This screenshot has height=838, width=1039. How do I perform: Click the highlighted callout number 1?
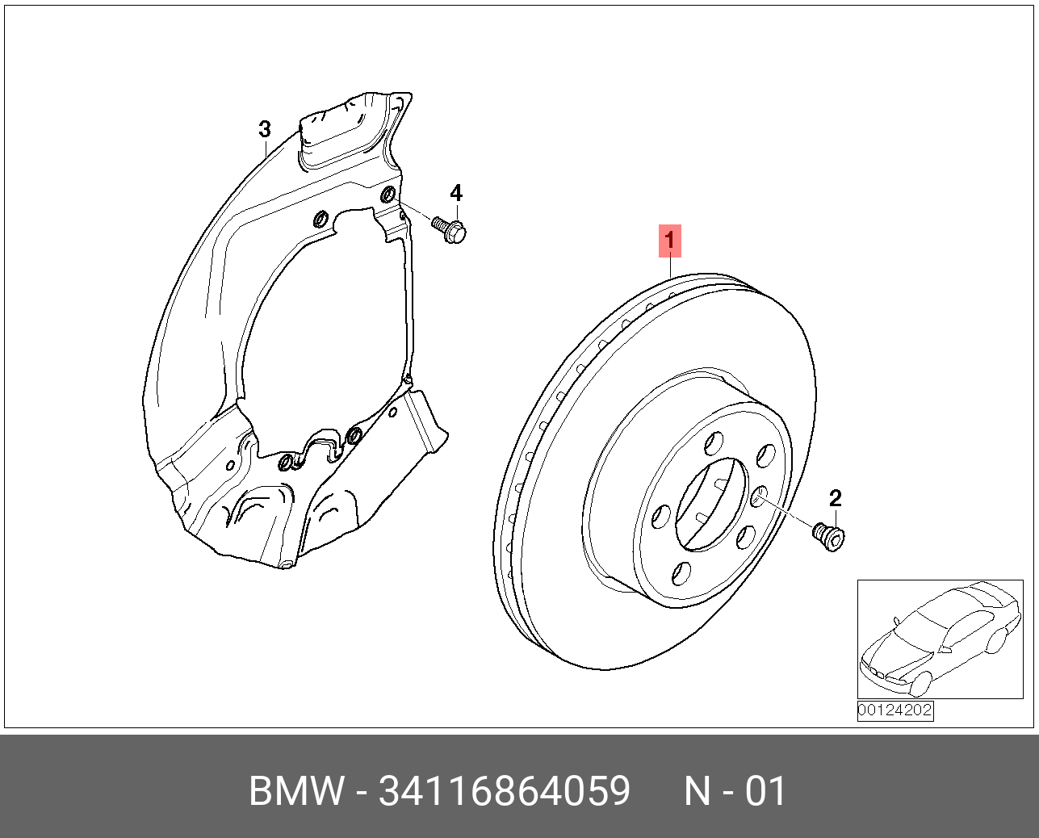tap(669, 241)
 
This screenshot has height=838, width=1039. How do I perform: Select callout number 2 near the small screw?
tap(835, 498)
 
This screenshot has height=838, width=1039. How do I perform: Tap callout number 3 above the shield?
tap(264, 129)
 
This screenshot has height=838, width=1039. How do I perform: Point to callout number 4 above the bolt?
tap(456, 193)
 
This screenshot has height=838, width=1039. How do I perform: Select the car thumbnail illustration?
tap(939, 639)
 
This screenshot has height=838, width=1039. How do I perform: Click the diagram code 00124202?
tap(894, 710)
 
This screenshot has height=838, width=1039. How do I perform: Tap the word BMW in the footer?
tap(296, 791)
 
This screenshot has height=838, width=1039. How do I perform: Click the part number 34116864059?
tap(505, 791)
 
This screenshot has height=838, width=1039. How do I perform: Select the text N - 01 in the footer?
tap(735, 791)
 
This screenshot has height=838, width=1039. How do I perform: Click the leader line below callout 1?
tap(670, 266)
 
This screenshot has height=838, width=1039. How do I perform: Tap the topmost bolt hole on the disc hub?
tap(713, 443)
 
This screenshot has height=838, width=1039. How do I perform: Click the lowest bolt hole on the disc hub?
tap(681, 573)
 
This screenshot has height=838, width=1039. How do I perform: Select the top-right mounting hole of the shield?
tap(388, 195)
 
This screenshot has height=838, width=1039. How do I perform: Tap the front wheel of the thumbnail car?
tap(917, 684)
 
